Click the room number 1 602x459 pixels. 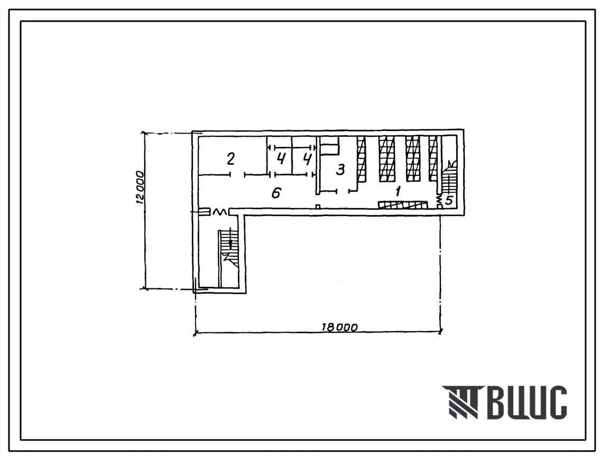click(x=398, y=191)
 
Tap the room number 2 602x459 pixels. click(x=230, y=158)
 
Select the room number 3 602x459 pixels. click(x=340, y=169)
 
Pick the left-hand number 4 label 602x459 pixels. click(x=281, y=158)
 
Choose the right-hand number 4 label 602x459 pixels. click(x=307, y=158)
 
